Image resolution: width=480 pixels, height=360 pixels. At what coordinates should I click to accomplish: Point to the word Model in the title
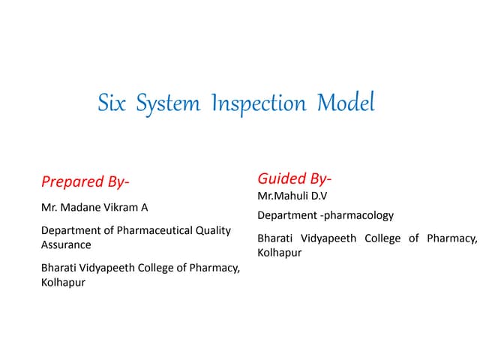tap(346, 103)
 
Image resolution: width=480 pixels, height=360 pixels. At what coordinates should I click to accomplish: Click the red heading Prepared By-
tap(85, 181)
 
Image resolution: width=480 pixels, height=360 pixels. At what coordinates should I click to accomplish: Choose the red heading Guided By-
tap(295, 178)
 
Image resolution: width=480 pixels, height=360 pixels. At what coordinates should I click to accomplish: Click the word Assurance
tap(66, 244)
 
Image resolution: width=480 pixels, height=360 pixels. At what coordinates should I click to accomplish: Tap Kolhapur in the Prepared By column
tap(63, 283)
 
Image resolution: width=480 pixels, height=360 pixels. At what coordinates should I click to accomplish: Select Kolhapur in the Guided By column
tap(279, 253)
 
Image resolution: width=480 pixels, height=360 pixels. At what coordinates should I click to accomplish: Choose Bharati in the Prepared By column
tap(59, 268)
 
